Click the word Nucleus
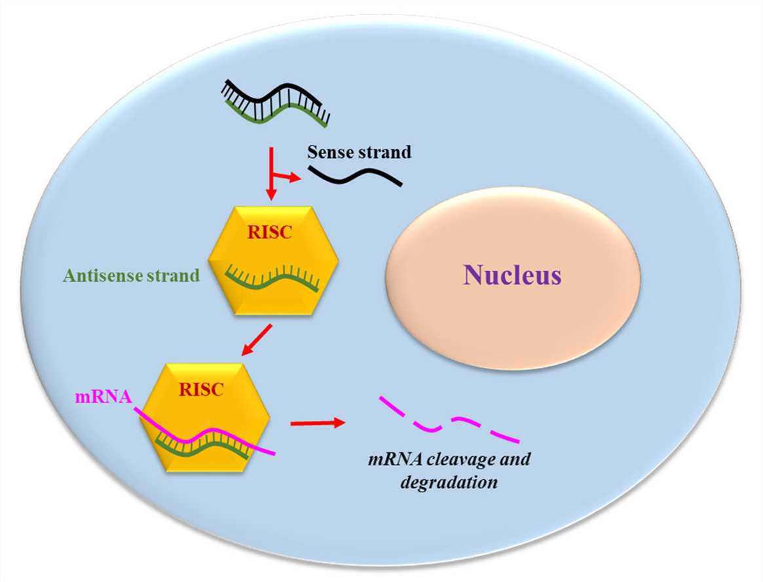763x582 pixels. point(512,275)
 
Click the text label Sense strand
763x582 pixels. point(360,153)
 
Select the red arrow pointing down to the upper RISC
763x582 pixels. point(270,177)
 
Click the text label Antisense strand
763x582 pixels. point(131,276)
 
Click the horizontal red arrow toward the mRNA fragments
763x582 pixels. point(318,423)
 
